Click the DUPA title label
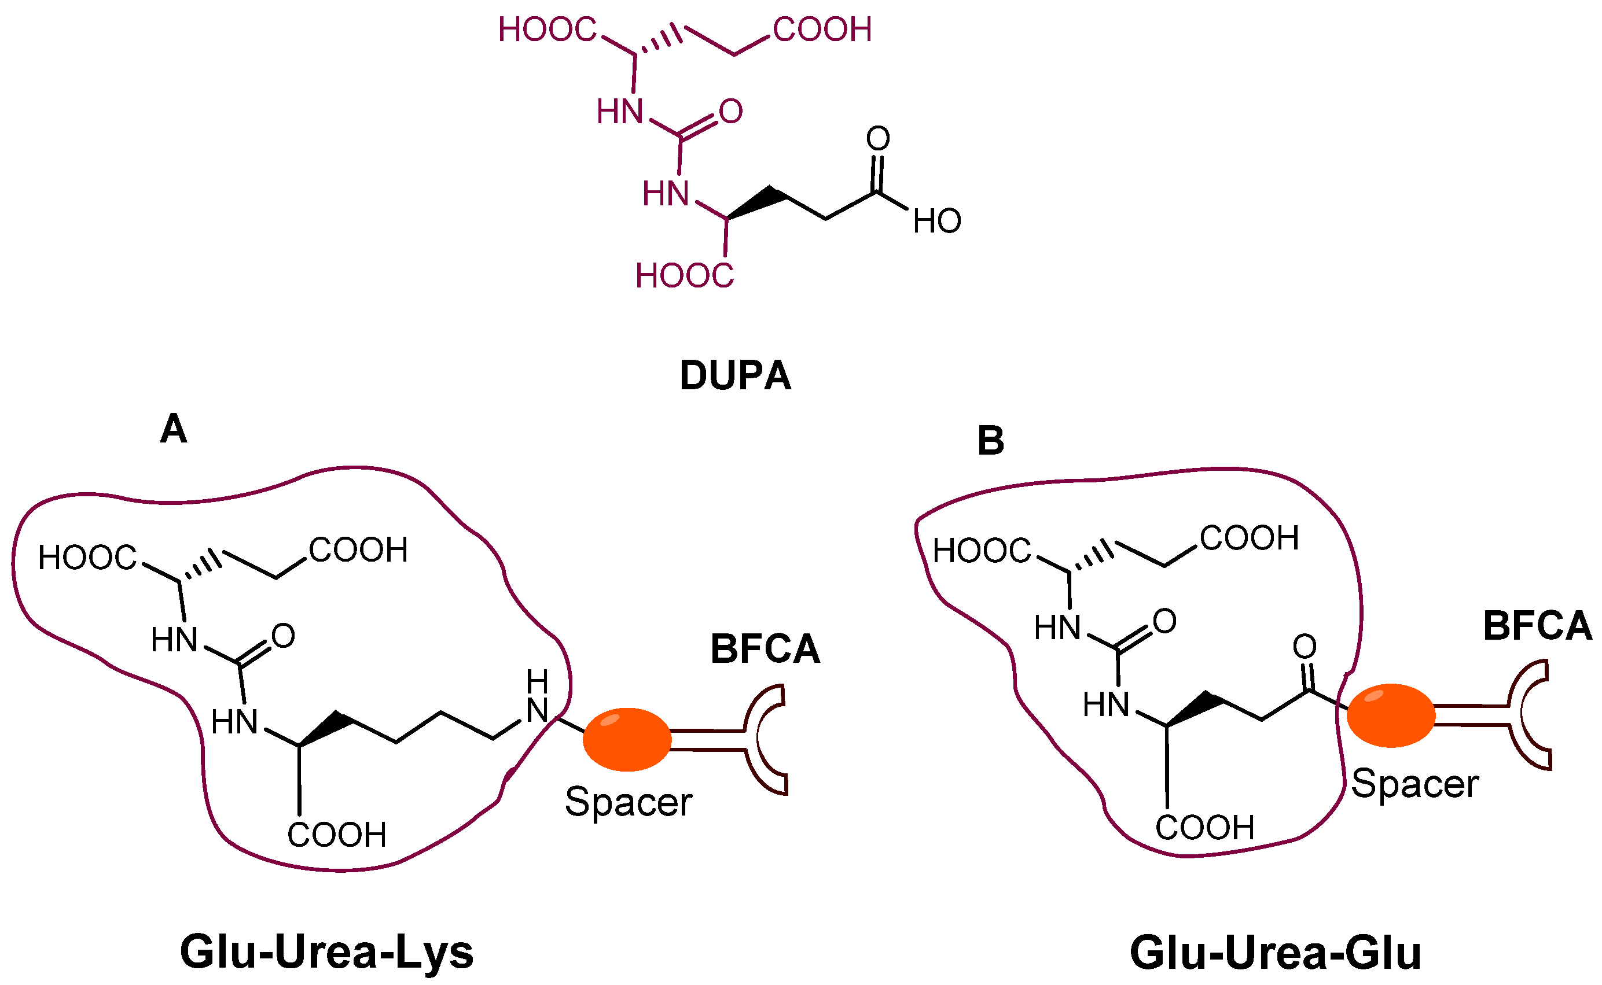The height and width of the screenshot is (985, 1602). click(735, 375)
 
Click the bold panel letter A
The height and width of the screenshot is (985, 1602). click(174, 429)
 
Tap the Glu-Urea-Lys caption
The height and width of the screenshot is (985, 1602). click(326, 953)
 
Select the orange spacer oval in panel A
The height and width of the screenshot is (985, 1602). click(627, 739)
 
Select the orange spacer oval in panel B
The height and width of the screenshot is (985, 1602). click(1391, 715)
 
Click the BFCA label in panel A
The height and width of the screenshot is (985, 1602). click(765, 649)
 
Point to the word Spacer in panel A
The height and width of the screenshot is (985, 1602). click(629, 802)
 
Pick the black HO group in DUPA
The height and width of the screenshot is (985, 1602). click(936, 222)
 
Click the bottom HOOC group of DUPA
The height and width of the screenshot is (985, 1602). click(684, 275)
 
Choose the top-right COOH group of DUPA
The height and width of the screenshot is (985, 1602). click(822, 30)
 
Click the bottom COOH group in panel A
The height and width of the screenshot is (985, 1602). click(337, 835)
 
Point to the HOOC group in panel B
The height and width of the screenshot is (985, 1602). click(982, 551)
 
